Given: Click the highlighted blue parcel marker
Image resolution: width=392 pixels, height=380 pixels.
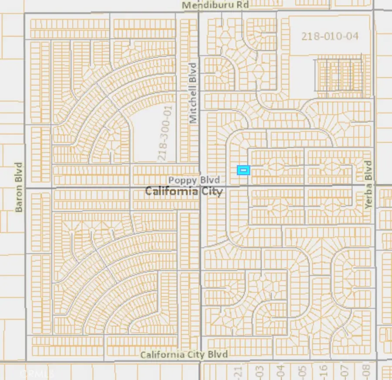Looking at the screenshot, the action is coord(243,170).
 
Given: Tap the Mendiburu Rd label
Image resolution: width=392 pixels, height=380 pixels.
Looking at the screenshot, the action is coord(215,5).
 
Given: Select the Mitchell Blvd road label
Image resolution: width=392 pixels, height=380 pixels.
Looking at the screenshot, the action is coord(193,92).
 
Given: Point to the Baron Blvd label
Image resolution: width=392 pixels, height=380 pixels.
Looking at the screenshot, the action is coord(19,187).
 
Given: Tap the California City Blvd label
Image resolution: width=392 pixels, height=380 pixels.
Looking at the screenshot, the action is coord(184,355).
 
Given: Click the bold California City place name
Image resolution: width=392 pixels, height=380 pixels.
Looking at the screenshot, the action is coord(183,191).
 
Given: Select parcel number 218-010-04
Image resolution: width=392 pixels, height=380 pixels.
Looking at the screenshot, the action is coord(330,36).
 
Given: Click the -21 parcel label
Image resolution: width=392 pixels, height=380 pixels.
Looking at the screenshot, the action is coord(237,371).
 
